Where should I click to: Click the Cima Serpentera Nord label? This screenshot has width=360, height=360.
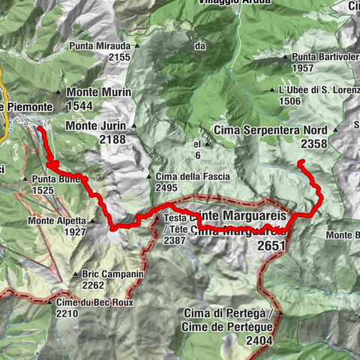click(x=271, y=130)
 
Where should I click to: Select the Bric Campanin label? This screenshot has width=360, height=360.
click(x=112, y=274)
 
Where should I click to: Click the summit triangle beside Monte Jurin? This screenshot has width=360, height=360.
click(x=133, y=126)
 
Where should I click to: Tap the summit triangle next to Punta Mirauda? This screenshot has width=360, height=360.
click(x=136, y=46)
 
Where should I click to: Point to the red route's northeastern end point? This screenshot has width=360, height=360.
click(x=299, y=162)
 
